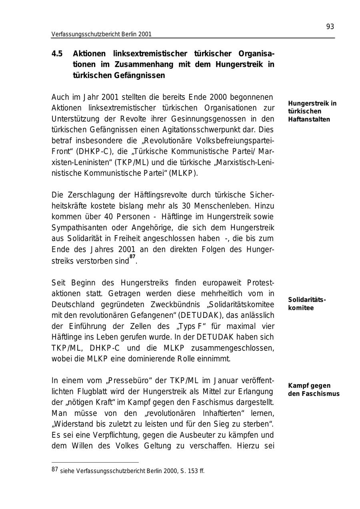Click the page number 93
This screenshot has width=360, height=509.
[330, 27]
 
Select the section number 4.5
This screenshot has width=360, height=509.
[57, 54]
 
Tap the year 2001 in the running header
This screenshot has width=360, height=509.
[145, 34]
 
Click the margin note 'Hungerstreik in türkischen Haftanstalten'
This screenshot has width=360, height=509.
[312, 111]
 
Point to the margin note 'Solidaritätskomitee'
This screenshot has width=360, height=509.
[307, 304]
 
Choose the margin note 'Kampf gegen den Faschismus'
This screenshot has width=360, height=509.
[314, 389]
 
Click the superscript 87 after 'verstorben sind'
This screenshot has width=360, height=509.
[132, 257]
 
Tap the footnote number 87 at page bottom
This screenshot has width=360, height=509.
[55, 469]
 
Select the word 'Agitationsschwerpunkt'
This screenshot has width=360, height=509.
[208, 130]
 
